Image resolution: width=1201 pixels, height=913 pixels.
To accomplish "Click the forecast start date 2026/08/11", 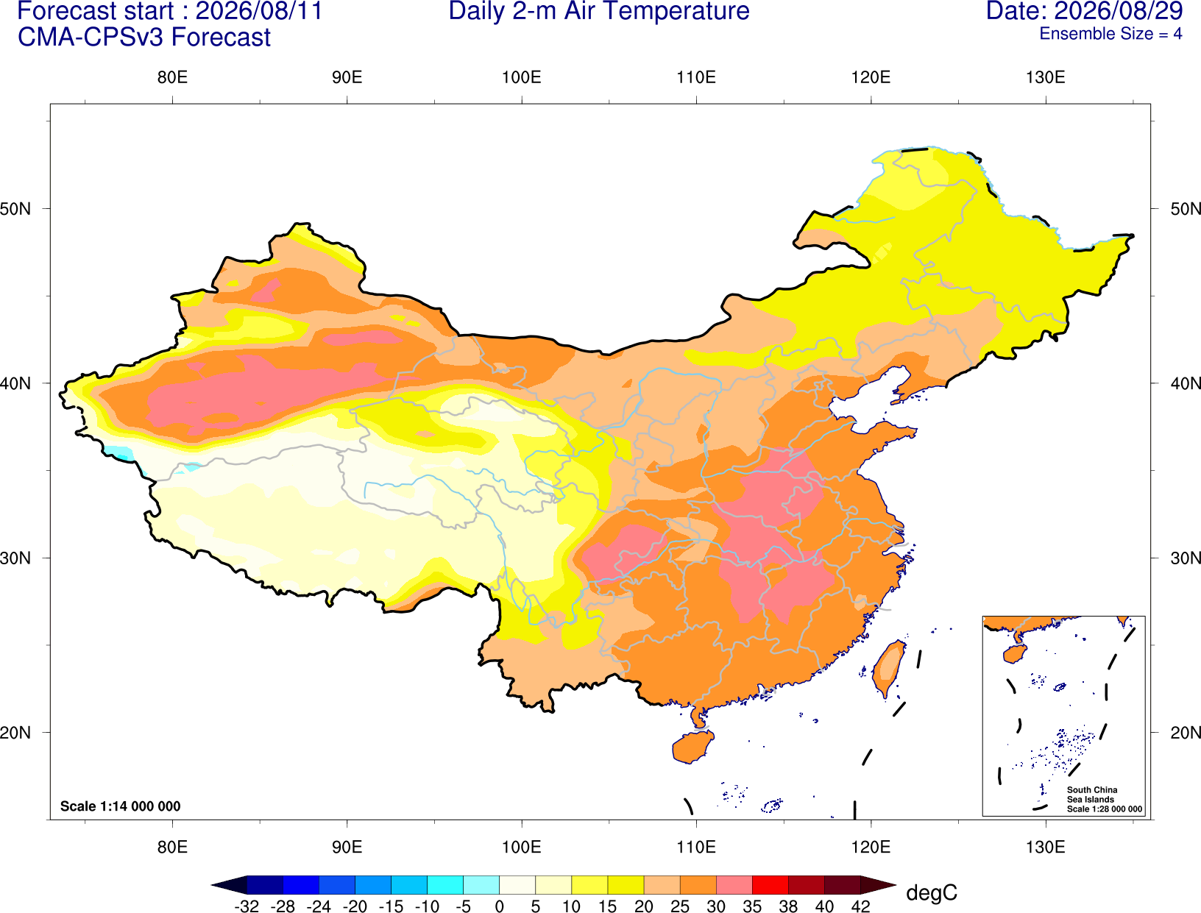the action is point(259,11).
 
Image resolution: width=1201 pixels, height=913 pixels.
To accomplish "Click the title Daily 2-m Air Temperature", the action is point(598,11).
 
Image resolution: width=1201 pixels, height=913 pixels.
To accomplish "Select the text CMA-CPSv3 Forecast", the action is point(144,38).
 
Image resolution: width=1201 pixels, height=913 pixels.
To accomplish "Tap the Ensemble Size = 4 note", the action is point(1110,34).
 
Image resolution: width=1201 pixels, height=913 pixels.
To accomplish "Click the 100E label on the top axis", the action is point(522,77).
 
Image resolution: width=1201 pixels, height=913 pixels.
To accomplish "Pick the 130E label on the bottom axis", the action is point(1045,848).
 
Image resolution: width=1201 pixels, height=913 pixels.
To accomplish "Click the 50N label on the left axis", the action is point(15,209).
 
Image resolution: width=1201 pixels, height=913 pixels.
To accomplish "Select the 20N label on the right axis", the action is point(1186,733).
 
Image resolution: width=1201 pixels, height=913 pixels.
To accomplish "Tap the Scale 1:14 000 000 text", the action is point(121,806).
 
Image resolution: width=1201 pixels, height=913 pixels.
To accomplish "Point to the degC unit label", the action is point(932,892).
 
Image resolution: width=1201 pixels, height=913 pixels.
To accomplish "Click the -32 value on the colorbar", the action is point(247,906).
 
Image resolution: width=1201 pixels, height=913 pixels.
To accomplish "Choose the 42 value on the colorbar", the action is point(861,906).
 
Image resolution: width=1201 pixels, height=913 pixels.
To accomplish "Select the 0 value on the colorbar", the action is point(499,906).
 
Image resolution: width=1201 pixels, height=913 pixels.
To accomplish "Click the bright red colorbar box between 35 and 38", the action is point(770,884).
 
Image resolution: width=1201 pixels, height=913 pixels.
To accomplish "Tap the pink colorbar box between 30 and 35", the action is point(734,884).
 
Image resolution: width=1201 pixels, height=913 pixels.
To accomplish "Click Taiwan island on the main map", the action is point(888,669).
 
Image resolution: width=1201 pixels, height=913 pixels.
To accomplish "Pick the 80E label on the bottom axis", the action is point(172,848).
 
